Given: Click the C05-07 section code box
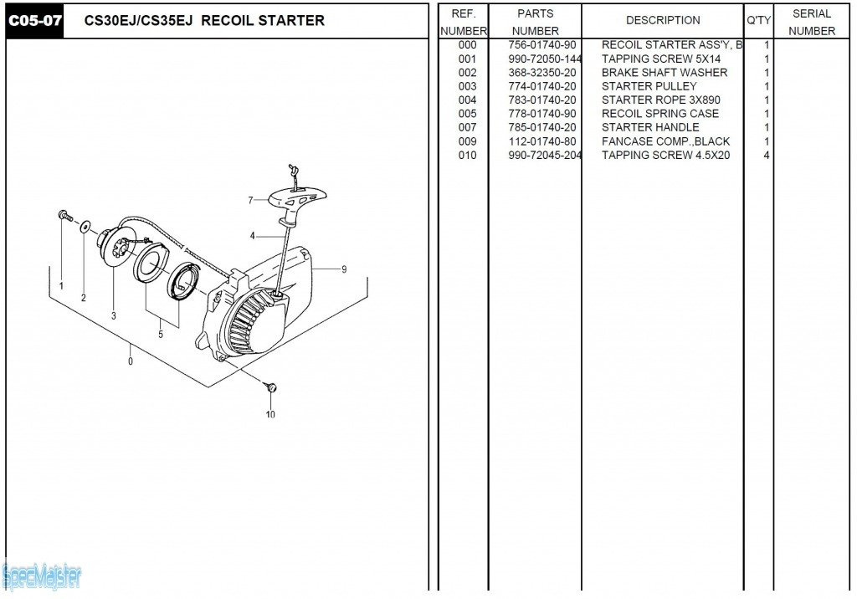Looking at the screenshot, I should [x=34, y=21].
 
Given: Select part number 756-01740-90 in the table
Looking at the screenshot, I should [x=541, y=45].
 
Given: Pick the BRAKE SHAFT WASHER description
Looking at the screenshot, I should [x=665, y=73].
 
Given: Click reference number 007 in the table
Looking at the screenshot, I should [x=467, y=128].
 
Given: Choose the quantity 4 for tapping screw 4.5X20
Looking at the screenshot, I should [x=767, y=156].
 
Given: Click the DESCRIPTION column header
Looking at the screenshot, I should [x=663, y=20].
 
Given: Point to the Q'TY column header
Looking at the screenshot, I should [x=758, y=20].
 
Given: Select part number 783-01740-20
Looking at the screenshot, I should [x=541, y=100].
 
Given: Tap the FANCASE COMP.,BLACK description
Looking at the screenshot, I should [x=665, y=141].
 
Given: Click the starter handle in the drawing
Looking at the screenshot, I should [x=298, y=199].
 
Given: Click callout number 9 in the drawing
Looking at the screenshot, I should [x=343, y=269].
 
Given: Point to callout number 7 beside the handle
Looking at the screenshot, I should [x=250, y=200].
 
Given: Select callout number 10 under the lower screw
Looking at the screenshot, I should [x=270, y=414].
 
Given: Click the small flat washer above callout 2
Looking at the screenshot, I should [x=86, y=226].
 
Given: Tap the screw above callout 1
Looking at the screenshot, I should [x=64, y=217].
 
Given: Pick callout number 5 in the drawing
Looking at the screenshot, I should [x=161, y=335].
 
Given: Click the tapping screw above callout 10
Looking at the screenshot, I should [x=270, y=387].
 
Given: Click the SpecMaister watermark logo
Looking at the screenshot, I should [x=42, y=576].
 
